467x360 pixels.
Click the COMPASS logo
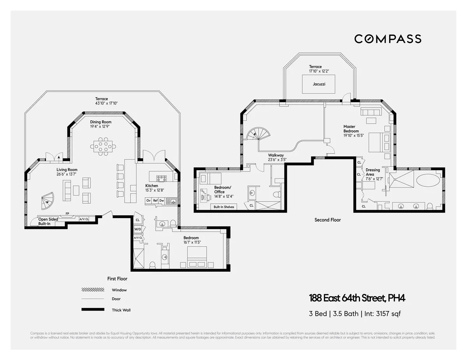(388, 39)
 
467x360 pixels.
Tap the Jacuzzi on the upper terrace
(319, 84)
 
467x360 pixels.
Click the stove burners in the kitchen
(162, 178)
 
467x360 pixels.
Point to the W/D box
(138, 229)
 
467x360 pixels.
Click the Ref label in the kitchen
(155, 201)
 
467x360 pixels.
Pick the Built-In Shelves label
(224, 207)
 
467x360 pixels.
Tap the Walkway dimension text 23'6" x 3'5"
(277, 159)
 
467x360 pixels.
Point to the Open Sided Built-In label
(48, 222)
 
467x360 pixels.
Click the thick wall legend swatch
(93, 309)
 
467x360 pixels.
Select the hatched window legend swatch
(93, 290)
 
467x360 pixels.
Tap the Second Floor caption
(327, 220)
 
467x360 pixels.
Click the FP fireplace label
(67, 213)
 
